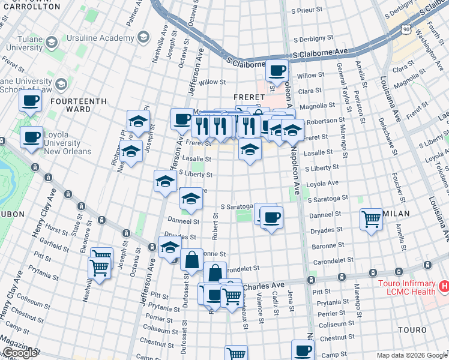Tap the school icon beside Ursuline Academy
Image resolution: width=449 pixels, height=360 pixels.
143,38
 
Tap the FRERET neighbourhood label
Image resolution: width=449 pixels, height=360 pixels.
249,97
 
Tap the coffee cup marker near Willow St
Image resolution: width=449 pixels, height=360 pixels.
277,70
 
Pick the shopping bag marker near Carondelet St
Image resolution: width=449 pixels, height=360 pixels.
191,260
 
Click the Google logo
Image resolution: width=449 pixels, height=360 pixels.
20,353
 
